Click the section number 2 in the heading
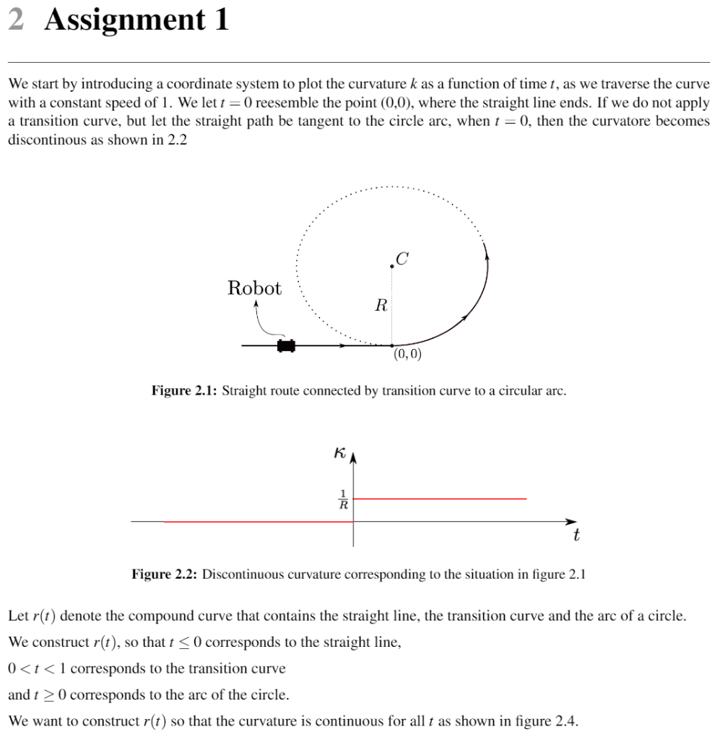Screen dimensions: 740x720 point(17,20)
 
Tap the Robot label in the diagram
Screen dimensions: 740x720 point(254,288)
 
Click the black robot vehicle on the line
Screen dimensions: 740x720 point(286,345)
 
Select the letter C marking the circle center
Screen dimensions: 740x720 point(402,257)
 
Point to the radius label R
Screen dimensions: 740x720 point(381,305)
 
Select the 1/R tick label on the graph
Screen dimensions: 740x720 point(343,499)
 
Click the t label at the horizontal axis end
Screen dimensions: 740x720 point(576,536)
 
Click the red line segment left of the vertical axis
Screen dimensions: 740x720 point(253,521)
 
